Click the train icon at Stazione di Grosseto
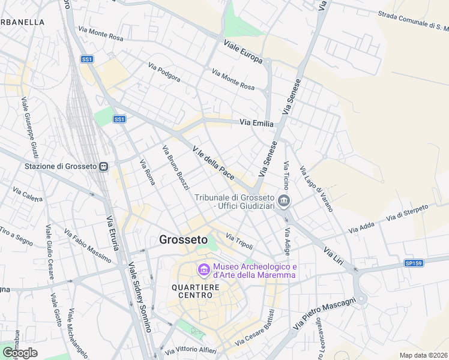[x=104, y=166]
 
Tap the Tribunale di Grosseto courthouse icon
[x=285, y=202]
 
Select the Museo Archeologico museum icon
[x=203, y=271]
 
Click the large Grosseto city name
[x=184, y=239]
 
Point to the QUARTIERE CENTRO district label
[x=196, y=290]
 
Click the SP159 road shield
[x=413, y=263]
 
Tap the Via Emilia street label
[x=256, y=122]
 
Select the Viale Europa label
[x=243, y=52]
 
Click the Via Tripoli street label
[x=240, y=241]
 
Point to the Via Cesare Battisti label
[x=255, y=328]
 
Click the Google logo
[x=20, y=353]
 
